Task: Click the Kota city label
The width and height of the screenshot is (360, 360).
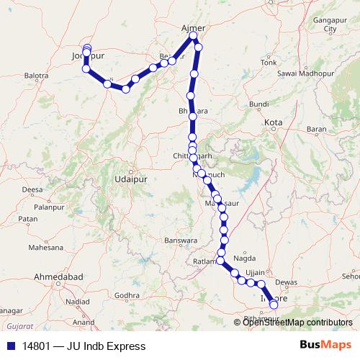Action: (x=274, y=123)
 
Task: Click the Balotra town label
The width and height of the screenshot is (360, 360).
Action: (x=35, y=75)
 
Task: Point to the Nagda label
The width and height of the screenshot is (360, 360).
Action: (x=245, y=258)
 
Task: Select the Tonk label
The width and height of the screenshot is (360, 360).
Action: (x=269, y=63)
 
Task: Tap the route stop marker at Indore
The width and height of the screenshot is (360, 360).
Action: (x=274, y=305)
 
